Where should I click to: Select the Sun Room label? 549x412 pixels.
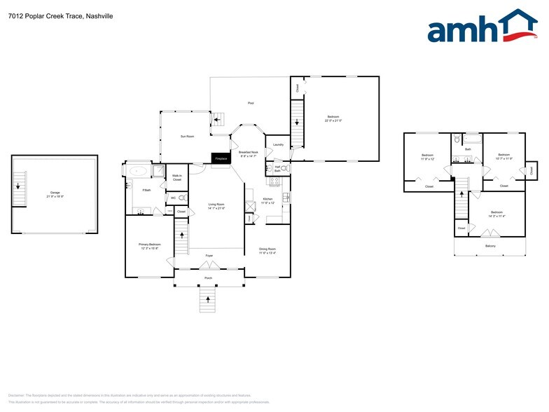coord(187,136)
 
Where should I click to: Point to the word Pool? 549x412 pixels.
coord(251,103)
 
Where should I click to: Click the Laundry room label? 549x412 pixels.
coord(278,145)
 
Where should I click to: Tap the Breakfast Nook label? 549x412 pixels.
coord(249,154)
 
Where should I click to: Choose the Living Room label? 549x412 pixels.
coord(216,206)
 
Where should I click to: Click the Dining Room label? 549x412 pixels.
coord(267,250)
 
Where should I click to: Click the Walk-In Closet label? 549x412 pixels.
coord(177,178)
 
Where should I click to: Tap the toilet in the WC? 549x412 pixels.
coord(182,198)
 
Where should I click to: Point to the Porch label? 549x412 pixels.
coord(208,278)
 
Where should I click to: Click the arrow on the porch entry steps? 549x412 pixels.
coord(208,299)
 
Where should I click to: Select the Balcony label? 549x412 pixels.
coord(490,246)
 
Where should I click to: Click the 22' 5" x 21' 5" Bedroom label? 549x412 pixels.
coord(334,118)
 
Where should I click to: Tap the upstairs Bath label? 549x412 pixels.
coord(468,149)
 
